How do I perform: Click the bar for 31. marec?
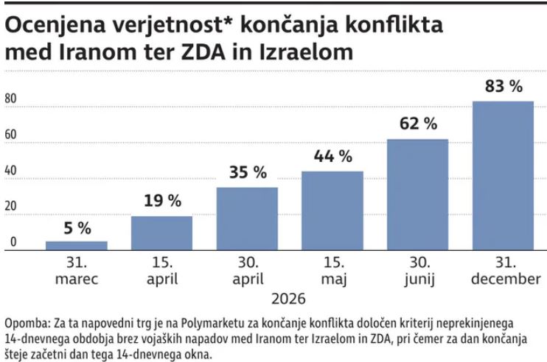click(77, 246)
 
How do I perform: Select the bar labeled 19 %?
click(161, 233)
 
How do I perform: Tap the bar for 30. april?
click(247, 219)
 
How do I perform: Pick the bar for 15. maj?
click(332, 210)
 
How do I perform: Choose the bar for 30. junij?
click(417, 194)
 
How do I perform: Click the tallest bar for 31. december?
click(503, 176)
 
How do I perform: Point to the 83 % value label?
click(503, 86)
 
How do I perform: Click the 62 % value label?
click(417, 124)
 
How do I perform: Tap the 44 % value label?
click(332, 156)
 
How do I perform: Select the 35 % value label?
click(247, 172)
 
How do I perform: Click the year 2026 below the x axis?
click(289, 299)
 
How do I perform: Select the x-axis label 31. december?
click(503, 271)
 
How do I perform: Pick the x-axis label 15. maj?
click(332, 271)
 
